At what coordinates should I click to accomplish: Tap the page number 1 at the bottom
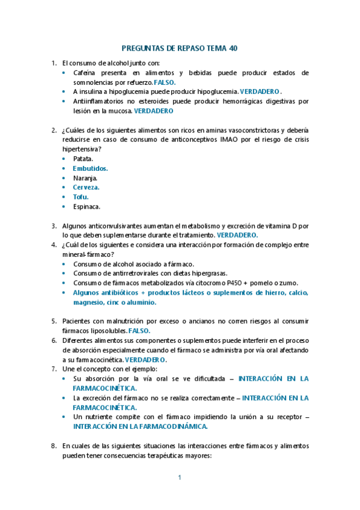[x=180, y=478]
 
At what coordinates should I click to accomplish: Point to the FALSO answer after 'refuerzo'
[x=165, y=82]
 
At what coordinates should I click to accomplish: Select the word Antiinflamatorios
[x=100, y=101]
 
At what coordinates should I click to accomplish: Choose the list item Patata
[x=83, y=159]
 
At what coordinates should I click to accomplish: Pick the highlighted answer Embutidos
[x=90, y=168]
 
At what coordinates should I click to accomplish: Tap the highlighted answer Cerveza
[x=86, y=187]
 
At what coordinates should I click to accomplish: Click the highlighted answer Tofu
[x=81, y=197]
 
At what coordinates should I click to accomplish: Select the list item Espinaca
[x=87, y=206]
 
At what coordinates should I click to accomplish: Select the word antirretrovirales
[x=130, y=274]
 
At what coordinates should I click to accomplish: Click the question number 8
[x=53, y=445]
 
